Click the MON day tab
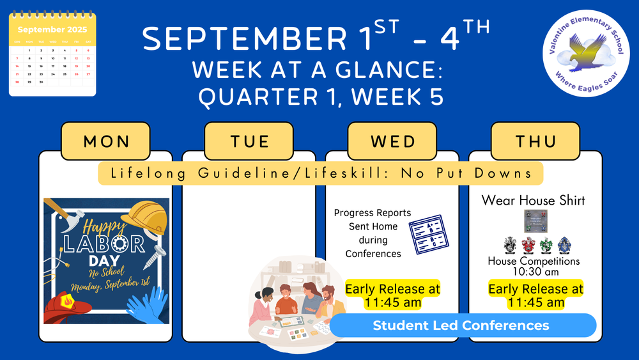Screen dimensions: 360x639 pyautogui.click(x=105, y=141)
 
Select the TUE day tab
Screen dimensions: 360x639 pyautogui.click(x=249, y=141)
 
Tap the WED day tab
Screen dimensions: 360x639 pyautogui.click(x=392, y=141)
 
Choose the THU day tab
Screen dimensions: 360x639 pyautogui.click(x=535, y=141)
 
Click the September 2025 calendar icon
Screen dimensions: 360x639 pyautogui.click(x=52, y=56)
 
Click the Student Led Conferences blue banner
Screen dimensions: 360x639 pyautogui.click(x=461, y=325)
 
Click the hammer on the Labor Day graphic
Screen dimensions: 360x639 pyautogui.click(x=64, y=214)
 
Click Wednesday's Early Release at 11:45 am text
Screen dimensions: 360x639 pyautogui.click(x=392, y=295)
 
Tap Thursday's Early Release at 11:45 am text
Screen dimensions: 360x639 pyautogui.click(x=535, y=295)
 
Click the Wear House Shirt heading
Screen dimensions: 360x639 pyautogui.click(x=533, y=200)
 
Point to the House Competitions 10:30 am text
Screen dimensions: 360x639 pyautogui.click(x=534, y=266)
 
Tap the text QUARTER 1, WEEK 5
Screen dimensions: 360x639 pyautogui.click(x=320, y=97)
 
